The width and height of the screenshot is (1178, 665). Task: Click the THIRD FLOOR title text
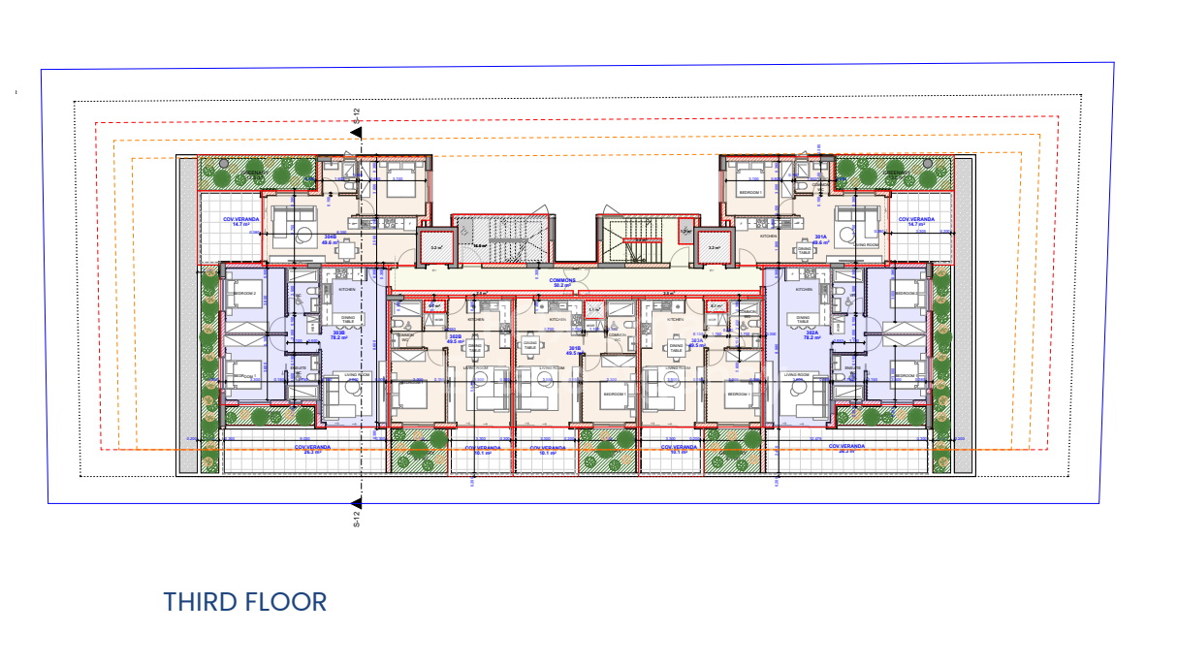(245, 601)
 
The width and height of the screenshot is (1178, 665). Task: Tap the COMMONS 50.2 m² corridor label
(564, 282)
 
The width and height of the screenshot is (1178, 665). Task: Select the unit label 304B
(329, 238)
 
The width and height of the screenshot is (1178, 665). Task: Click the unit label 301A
(820, 238)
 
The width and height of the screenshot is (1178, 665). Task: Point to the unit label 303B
(339, 335)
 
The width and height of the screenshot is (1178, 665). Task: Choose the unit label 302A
(811, 335)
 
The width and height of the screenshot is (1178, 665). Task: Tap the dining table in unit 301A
(804, 249)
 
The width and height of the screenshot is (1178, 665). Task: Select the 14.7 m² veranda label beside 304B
(231, 222)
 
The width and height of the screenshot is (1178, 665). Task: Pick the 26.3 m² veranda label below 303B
(312, 449)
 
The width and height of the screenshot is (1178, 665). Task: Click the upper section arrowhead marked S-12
(357, 132)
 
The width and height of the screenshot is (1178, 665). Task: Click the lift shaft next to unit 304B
(436, 247)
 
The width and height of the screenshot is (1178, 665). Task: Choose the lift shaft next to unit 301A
(714, 247)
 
